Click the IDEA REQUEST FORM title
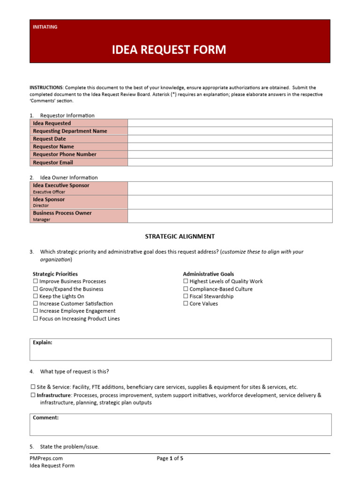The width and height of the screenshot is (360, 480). point(169,50)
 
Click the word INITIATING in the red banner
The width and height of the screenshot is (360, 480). point(45,27)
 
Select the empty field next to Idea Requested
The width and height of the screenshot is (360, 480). point(230,123)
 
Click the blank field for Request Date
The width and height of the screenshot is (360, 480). point(230,139)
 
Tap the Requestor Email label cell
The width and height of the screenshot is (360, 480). point(78,162)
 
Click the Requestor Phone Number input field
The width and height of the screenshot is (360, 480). point(230,154)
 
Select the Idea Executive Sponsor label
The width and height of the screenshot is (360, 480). point(78,186)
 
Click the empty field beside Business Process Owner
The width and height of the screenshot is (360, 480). point(230,216)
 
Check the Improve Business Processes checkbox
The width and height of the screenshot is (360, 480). point(36,281)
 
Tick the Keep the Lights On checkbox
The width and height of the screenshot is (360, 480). point(36,296)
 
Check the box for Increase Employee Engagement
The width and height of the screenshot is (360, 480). point(36,311)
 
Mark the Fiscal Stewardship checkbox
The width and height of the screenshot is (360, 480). point(186,296)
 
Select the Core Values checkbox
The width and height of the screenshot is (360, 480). point(186,304)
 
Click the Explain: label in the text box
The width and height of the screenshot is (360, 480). point(43,343)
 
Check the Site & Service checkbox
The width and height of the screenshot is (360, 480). point(33,387)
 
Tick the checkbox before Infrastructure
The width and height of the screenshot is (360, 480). point(33,395)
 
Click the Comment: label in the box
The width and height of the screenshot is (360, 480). point(45,418)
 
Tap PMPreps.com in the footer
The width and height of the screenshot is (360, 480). point(46,458)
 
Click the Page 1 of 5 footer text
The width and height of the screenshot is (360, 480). point(170,458)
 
